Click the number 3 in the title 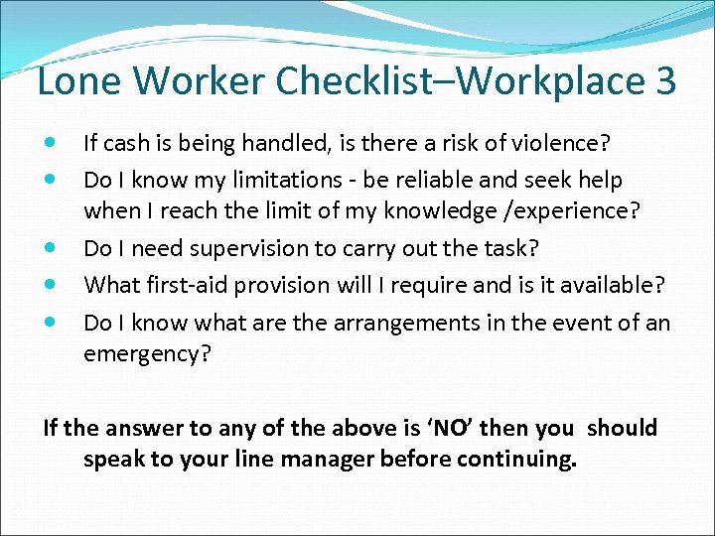pos(664,81)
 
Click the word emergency pos(147,353)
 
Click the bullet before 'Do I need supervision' pos(51,249)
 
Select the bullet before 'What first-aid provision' pos(51,286)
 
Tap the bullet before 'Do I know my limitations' pos(51,181)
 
